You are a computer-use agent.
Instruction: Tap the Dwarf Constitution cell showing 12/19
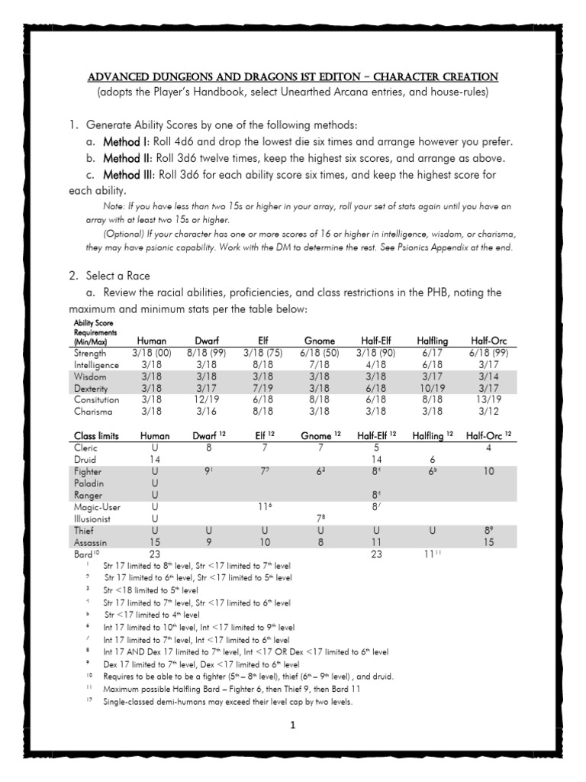(x=206, y=399)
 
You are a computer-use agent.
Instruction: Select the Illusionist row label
(x=96, y=518)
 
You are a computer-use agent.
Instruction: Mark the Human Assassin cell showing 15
(x=156, y=541)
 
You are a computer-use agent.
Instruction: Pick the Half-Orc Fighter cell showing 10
(x=488, y=472)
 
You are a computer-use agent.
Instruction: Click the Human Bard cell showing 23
(x=156, y=554)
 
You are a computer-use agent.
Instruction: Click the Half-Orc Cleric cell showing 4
(x=488, y=448)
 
